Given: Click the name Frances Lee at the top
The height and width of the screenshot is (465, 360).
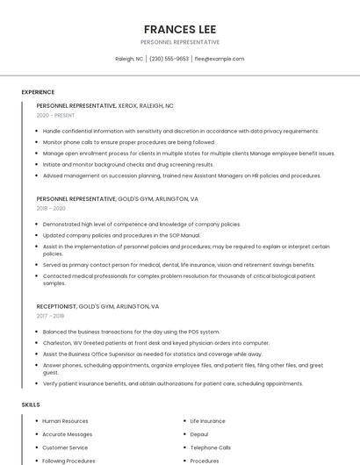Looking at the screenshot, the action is tap(180, 29).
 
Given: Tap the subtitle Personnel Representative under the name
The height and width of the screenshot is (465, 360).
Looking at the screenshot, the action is tap(180, 42).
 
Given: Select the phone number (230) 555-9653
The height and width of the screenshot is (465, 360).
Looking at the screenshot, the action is tap(169, 59).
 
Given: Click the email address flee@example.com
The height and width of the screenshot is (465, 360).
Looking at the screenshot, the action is tap(219, 59).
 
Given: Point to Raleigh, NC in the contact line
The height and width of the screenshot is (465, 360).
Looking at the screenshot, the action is tap(129, 59).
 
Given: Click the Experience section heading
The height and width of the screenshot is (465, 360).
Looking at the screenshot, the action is tap(38, 91).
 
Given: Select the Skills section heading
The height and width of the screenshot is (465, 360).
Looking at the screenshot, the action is tap(31, 404).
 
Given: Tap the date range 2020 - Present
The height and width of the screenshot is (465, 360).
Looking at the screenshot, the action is tap(55, 115).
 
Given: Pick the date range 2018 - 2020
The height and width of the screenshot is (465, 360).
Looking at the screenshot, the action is tap(51, 208).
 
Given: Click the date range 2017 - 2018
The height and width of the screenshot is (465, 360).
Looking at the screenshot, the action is tap(50, 316).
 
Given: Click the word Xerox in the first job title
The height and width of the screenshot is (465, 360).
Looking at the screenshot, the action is tap(127, 105).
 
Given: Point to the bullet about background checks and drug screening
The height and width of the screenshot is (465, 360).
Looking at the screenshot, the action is tap(128, 164).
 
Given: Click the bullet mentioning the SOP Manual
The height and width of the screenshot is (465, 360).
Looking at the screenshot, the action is tap(121, 235).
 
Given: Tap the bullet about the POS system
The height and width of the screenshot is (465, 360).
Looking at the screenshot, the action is tap(131, 332).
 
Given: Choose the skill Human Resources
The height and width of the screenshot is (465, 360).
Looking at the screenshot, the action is tap(65, 421).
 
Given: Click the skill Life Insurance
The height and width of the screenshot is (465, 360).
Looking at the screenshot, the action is tap(207, 421).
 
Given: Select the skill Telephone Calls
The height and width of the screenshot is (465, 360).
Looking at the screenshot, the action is tap(210, 447).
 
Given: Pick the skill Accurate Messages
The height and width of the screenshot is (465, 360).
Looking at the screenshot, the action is tap(67, 434).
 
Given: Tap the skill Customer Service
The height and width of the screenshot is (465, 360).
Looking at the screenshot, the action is tap(65, 447).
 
